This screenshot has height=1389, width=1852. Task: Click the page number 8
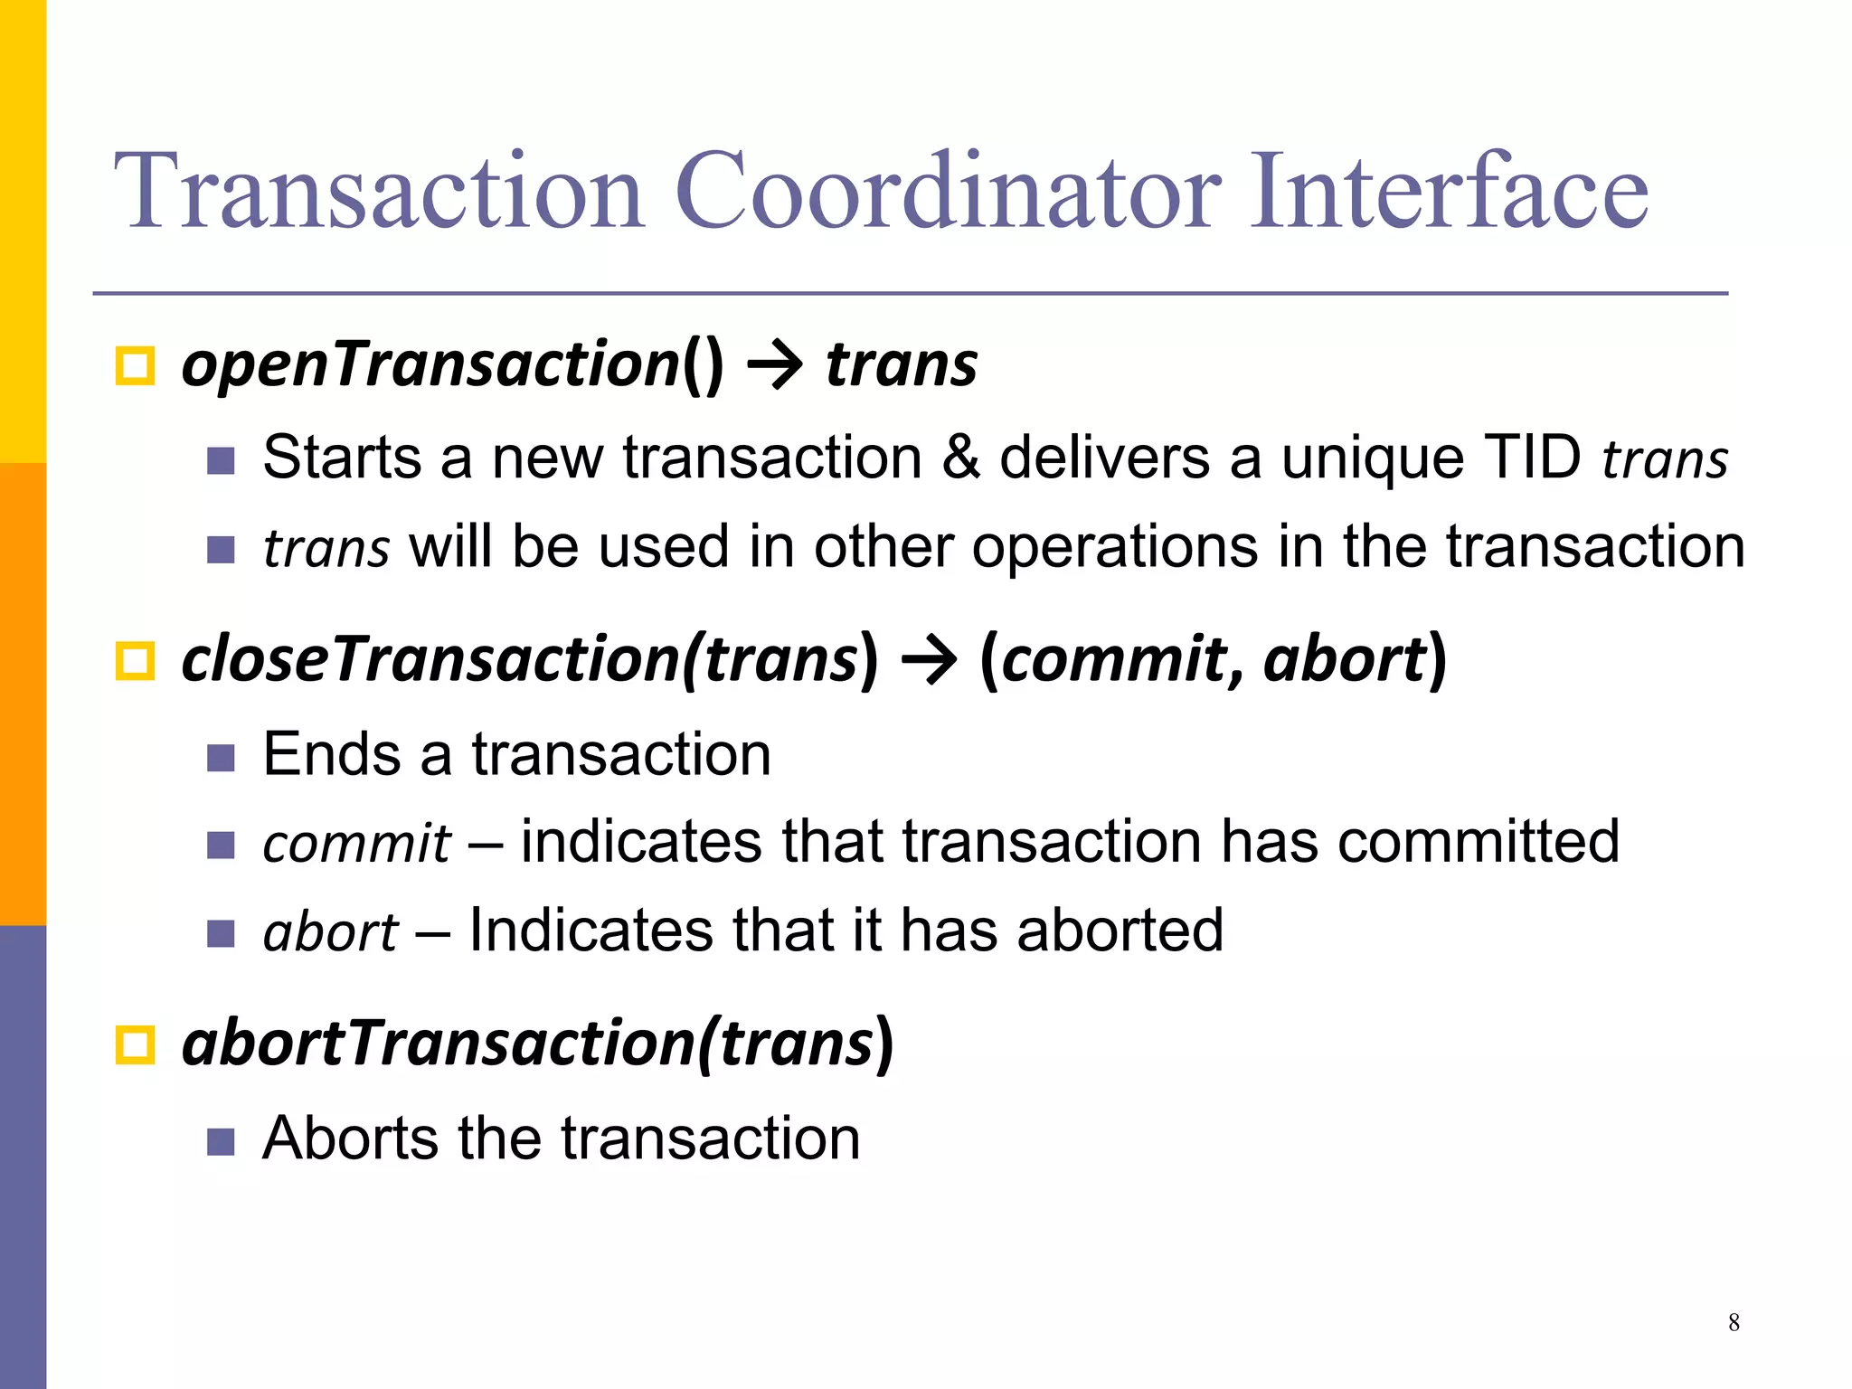(1734, 1322)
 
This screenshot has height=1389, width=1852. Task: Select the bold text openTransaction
(430, 364)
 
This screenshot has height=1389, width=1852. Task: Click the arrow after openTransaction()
(775, 366)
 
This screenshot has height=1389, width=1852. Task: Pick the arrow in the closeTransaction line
(929, 661)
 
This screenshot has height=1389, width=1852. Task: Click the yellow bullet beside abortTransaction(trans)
(136, 1045)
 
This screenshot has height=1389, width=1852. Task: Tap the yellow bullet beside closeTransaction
(136, 661)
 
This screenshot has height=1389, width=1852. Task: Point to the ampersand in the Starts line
(960, 458)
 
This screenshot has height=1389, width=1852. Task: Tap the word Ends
(331, 754)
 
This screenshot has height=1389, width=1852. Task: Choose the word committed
(1478, 842)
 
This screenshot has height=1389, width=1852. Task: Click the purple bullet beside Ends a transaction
(221, 757)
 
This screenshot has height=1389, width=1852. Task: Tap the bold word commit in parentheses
(1111, 660)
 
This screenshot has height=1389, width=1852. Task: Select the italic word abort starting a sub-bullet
(330, 932)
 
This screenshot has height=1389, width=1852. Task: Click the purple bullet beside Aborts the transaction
(221, 1141)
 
